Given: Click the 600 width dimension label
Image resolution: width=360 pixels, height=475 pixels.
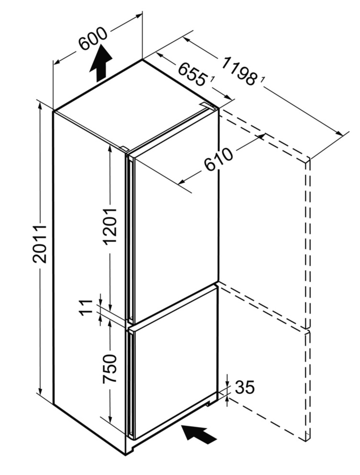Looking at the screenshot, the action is click(x=93, y=39).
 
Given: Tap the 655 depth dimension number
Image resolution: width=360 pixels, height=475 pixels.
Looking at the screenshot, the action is click(x=192, y=74).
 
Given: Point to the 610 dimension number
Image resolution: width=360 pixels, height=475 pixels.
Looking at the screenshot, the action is click(x=218, y=159).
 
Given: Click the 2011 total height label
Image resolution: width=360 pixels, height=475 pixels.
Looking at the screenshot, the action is click(x=40, y=244).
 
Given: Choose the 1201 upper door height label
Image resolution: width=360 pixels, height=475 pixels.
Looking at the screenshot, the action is click(x=109, y=226).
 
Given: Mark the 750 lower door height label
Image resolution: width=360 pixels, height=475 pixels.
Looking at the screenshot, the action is click(x=110, y=368).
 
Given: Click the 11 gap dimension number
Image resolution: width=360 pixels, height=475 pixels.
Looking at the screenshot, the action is click(x=86, y=307).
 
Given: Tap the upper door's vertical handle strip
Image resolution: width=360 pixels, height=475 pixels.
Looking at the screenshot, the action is click(x=130, y=238).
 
